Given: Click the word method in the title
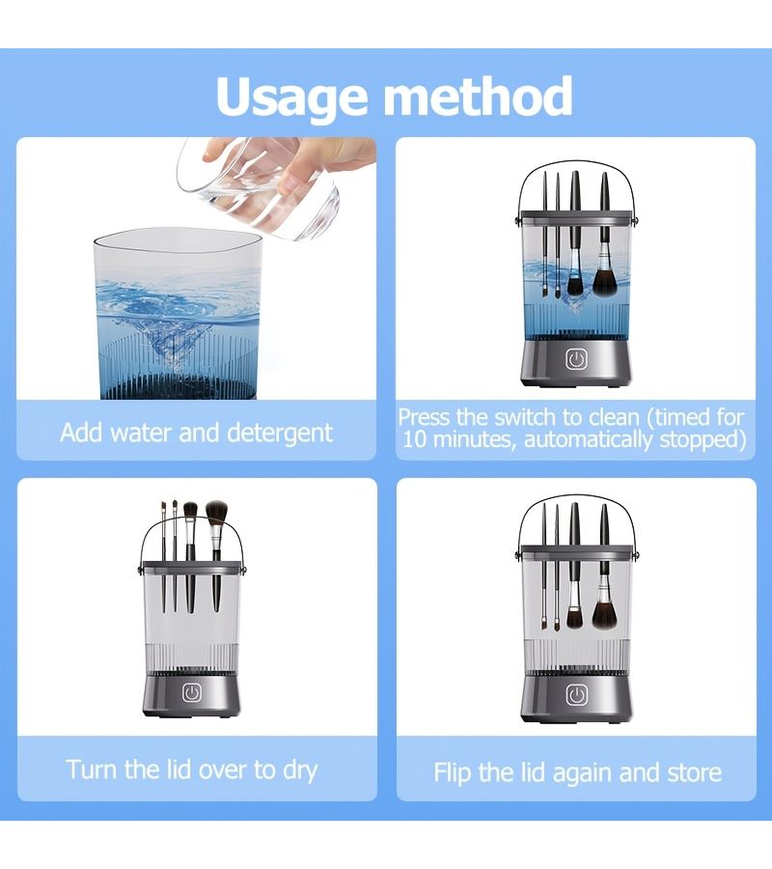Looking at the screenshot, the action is (x=479, y=96).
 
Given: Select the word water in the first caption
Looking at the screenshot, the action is (x=142, y=434).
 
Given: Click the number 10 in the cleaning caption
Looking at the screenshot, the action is (x=415, y=439).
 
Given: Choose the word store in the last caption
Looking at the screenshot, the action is (x=695, y=772).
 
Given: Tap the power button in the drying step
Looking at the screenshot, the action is (x=192, y=692).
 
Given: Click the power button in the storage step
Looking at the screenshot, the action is (x=576, y=695).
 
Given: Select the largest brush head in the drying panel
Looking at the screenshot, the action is (x=216, y=513).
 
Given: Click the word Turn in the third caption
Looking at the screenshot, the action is (x=92, y=770).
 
